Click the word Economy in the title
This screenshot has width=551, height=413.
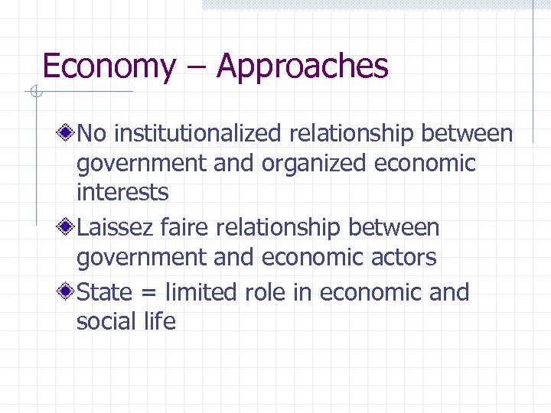click(109, 67)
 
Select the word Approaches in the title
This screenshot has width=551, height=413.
click(302, 67)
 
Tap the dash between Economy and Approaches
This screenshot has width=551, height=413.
click(196, 68)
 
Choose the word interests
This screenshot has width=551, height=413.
click(122, 192)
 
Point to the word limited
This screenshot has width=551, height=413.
click(201, 292)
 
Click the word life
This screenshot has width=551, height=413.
click(159, 321)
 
